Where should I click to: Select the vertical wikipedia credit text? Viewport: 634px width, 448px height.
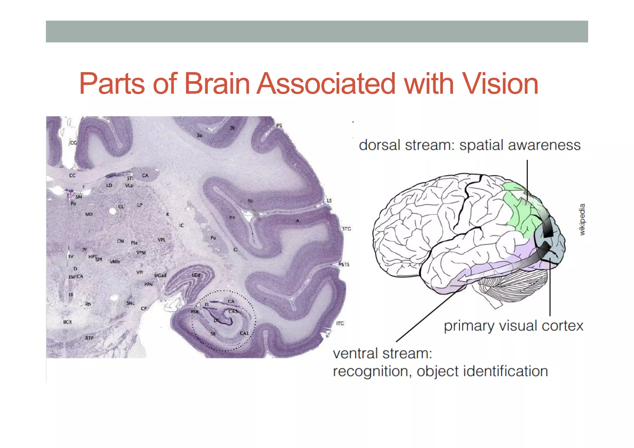[x=582, y=219]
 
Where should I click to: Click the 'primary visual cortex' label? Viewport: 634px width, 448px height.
[x=513, y=326]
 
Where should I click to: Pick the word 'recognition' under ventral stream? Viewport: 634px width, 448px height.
[x=372, y=371]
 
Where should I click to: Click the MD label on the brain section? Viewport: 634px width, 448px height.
[x=89, y=214]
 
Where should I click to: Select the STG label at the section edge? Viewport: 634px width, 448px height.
[x=346, y=229]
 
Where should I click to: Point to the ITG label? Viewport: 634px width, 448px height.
[x=340, y=323]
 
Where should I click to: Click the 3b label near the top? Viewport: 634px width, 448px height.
[x=232, y=128]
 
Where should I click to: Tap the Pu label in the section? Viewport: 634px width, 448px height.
[x=213, y=238]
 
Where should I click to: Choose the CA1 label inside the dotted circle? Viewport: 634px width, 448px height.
[x=244, y=333]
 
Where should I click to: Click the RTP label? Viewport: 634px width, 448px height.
[x=89, y=338]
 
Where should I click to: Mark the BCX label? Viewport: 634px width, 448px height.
[x=67, y=322]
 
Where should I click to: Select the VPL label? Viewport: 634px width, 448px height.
[x=162, y=240]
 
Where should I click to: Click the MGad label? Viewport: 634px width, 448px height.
[x=160, y=275]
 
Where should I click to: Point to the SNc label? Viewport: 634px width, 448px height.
[x=130, y=303]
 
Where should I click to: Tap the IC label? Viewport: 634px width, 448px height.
[x=181, y=225]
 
